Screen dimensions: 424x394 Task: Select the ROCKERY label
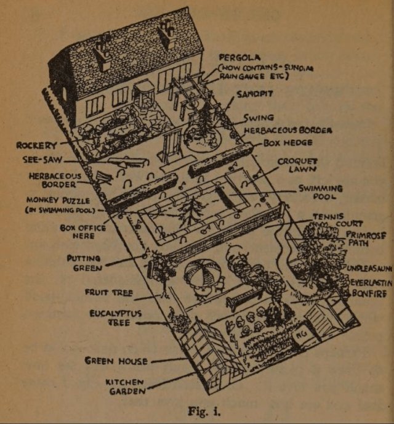click(36, 145)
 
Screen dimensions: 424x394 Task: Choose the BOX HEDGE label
click(287, 143)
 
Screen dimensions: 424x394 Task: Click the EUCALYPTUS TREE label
click(115, 317)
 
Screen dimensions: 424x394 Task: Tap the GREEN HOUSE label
click(116, 361)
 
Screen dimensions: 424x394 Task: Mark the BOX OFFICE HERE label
click(83, 232)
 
